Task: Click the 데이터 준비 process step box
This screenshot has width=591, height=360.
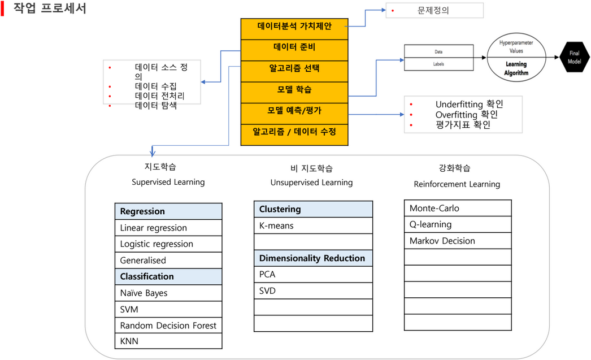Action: tap(294, 47)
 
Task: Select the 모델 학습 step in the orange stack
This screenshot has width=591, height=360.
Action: tap(294, 89)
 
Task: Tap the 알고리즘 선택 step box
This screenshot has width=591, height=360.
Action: tap(294, 68)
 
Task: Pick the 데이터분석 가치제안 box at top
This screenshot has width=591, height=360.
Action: tap(294, 26)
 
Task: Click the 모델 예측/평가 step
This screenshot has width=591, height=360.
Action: tap(294, 110)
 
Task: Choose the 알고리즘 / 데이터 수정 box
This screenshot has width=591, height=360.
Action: tap(294, 132)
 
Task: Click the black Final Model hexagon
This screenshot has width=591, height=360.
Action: tap(574, 57)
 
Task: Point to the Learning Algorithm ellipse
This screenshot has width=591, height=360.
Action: tap(516, 57)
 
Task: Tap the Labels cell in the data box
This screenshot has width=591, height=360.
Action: tap(438, 64)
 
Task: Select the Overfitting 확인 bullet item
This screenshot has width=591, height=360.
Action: tap(466, 115)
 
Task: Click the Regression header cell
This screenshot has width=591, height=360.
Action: tap(168, 211)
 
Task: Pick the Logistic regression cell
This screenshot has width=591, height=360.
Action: tap(168, 244)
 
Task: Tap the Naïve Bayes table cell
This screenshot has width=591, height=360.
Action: tap(168, 293)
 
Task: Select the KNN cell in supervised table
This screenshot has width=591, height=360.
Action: tap(168, 341)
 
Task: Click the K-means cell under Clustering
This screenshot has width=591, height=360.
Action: tap(313, 225)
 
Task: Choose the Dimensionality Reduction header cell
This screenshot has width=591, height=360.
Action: tap(313, 258)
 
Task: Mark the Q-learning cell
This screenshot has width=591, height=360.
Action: tap(458, 224)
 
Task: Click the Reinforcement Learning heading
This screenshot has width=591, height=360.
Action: tap(457, 184)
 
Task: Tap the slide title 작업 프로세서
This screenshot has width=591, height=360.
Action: tap(50, 9)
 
